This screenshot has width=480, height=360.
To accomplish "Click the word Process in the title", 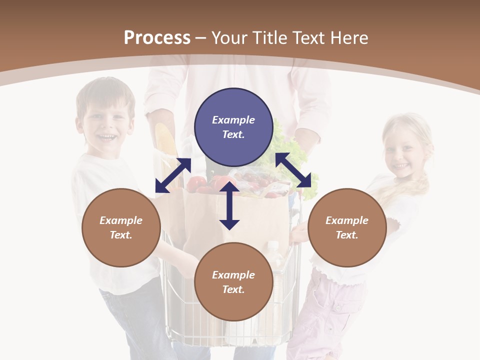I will (x=157, y=38).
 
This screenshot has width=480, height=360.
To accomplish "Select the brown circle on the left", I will (x=121, y=227).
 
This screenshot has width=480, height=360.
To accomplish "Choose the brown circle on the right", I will (x=347, y=227).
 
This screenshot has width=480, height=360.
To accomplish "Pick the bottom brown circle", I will (x=233, y=282).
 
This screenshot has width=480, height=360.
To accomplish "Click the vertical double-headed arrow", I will (x=229, y=206).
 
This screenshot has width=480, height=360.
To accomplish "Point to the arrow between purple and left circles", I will (x=173, y=175).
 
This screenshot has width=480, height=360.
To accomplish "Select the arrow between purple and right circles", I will (x=296, y=170).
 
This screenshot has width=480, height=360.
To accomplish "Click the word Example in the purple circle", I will (x=233, y=120).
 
